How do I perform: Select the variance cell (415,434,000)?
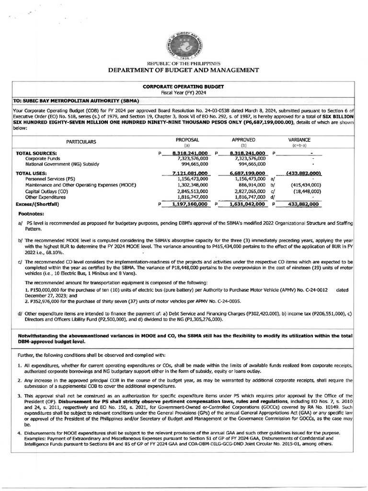tap(306, 185)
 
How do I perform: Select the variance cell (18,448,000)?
tap(307, 191)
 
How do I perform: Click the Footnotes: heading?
tap(31, 214)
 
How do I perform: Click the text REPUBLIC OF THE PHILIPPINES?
tap(184, 63)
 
